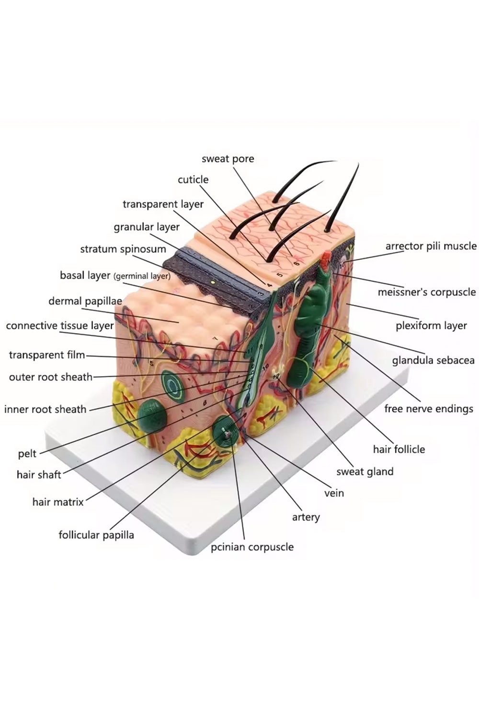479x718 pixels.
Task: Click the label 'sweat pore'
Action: [228, 158]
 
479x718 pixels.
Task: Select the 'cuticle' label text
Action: [193, 179]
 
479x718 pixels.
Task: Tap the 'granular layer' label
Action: [147, 226]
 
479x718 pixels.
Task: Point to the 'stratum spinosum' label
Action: [123, 249]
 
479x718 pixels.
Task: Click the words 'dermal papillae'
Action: [85, 301]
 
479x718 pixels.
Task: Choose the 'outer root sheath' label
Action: [51, 377]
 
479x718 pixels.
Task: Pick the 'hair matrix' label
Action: [58, 502]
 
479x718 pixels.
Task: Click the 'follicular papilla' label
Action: [96, 535]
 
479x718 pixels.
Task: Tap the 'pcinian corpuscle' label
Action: [252, 547]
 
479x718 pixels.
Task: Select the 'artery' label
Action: [306, 517]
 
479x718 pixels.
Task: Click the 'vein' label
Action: [334, 493]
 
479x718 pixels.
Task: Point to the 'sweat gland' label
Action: [365, 471]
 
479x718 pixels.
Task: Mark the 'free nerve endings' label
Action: [428, 409]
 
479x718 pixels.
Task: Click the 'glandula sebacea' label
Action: [433, 360]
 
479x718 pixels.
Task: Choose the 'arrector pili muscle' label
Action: [431, 246]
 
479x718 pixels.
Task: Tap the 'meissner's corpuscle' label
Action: [426, 292]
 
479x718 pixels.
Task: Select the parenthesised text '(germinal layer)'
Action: [142, 276]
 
